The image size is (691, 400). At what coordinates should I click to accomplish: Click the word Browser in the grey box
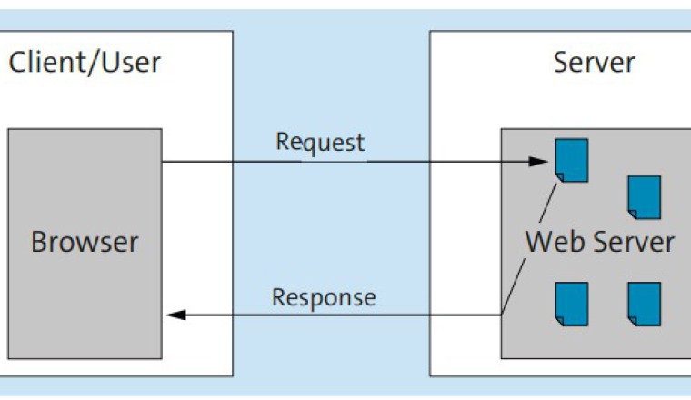tap(85, 243)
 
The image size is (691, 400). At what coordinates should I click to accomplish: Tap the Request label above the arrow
tap(320, 143)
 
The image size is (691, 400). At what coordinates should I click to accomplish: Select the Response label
tap(324, 298)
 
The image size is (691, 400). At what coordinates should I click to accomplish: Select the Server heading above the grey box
tap(594, 63)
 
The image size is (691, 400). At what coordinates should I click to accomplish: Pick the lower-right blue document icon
tap(644, 304)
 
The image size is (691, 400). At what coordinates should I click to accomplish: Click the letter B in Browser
tap(39, 243)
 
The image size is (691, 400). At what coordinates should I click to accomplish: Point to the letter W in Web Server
tap(537, 243)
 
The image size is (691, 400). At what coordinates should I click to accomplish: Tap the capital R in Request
tap(282, 143)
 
